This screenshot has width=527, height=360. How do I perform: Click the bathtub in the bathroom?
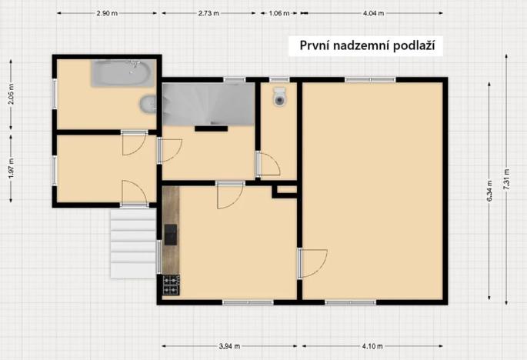(123, 74)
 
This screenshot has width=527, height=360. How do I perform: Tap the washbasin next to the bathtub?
(147, 104)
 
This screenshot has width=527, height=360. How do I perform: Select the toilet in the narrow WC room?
(279, 97)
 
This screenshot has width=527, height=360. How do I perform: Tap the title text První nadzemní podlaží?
(368, 45)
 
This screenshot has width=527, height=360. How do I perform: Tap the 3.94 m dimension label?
(229, 346)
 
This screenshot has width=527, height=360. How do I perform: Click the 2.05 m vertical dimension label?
(11, 96)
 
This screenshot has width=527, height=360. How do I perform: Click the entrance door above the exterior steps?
(135, 194)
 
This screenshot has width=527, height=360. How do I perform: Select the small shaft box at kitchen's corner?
(285, 190)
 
